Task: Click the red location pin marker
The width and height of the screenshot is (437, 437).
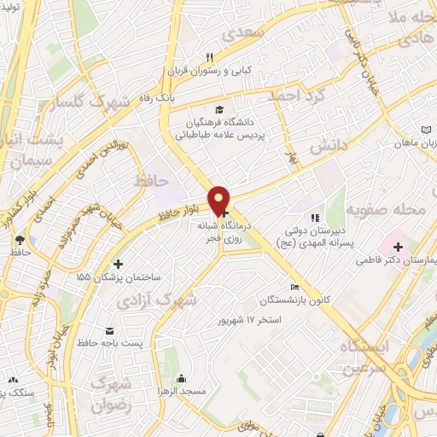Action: click(219, 201)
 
